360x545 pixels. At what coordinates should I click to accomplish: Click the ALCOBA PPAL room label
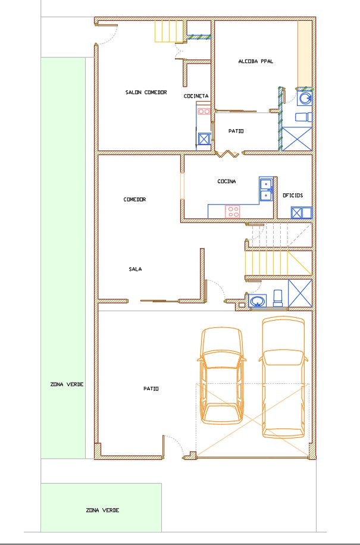(255, 61)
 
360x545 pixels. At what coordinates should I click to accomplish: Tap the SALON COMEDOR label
(146, 92)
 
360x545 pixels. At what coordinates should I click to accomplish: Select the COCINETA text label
(196, 96)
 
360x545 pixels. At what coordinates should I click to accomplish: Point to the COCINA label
(227, 181)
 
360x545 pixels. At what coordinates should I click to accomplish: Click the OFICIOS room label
(293, 195)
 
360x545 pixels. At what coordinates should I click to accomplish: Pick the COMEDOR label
(134, 199)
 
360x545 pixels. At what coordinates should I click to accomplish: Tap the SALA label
(135, 269)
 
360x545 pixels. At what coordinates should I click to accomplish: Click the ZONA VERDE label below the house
(102, 510)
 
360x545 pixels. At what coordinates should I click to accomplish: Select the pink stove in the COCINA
(233, 211)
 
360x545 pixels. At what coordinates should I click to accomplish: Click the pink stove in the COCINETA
(204, 111)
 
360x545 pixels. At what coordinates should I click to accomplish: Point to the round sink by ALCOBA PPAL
(305, 98)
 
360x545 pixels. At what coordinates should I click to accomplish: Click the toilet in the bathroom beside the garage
(278, 298)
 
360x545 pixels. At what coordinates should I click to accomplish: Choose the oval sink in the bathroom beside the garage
(258, 300)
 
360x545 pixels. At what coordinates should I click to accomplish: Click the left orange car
(221, 375)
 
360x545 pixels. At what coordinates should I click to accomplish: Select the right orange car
(283, 377)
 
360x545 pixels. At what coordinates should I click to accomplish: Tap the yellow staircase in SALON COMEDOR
(169, 32)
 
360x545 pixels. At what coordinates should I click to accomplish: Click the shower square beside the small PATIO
(296, 139)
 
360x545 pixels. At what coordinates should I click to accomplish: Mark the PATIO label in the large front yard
(151, 389)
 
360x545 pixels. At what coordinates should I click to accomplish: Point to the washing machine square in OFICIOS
(296, 213)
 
